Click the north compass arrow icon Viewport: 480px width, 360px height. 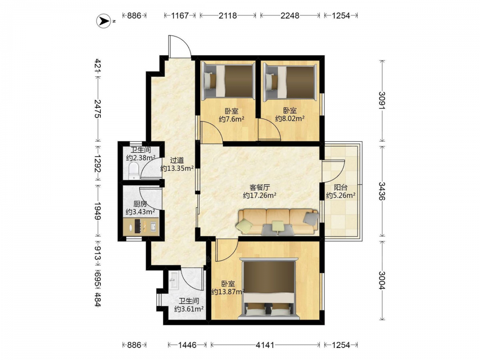pyautogui.click(x=104, y=21)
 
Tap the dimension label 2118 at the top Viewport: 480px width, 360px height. pyautogui.click(x=228, y=15)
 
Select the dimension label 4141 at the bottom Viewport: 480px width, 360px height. pyautogui.click(x=265, y=345)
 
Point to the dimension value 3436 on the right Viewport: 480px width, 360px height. pyautogui.click(x=382, y=191)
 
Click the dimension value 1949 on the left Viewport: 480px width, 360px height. pyautogui.click(x=97, y=211)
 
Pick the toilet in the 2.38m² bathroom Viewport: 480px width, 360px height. pyautogui.click(x=134, y=171)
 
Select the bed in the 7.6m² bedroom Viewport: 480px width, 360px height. pyautogui.click(x=229, y=81)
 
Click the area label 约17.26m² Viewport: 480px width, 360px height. pyautogui.click(x=260, y=195)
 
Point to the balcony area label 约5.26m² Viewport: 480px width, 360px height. pyautogui.click(x=340, y=195)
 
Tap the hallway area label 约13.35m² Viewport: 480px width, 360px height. pyautogui.click(x=177, y=168)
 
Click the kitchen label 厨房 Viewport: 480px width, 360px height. pyautogui.click(x=140, y=204)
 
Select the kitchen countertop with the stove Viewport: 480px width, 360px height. pyautogui.click(x=141, y=227)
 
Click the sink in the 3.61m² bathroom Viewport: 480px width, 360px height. pyautogui.click(x=175, y=280)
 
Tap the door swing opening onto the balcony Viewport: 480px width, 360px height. pyautogui.click(x=334, y=171)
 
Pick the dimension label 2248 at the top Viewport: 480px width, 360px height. pyautogui.click(x=289, y=15)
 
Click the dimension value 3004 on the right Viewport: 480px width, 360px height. pyautogui.click(x=382, y=280)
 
